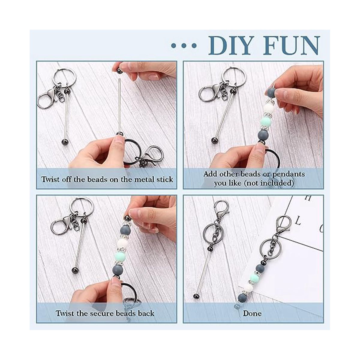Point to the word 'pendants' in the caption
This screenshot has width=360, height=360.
click(288, 174)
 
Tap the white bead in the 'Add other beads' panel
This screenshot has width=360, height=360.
click(270, 109)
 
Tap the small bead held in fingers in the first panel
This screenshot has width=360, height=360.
click(119, 70)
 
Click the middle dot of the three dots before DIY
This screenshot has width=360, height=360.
click(184, 46)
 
